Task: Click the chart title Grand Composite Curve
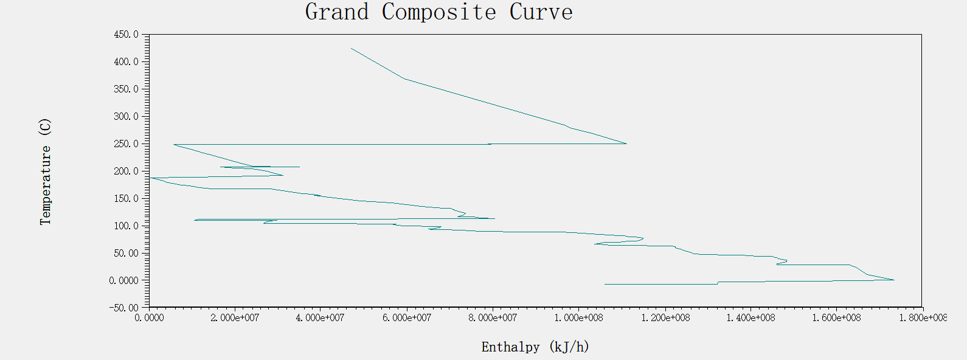click(x=438, y=12)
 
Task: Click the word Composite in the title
click(x=438, y=12)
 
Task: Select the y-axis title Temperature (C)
click(x=45, y=171)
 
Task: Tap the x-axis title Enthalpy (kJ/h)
click(x=535, y=347)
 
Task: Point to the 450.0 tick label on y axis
click(x=126, y=35)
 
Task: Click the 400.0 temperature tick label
click(x=126, y=62)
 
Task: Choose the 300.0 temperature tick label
click(x=126, y=117)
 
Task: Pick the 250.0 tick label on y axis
click(x=126, y=144)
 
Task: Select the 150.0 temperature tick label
click(x=126, y=199)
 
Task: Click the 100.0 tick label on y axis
click(x=126, y=226)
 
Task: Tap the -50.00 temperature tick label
click(x=124, y=308)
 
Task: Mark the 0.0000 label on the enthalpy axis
click(x=149, y=318)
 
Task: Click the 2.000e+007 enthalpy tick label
click(x=235, y=318)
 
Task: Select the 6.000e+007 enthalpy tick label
click(x=407, y=318)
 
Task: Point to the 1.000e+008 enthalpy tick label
click(x=578, y=318)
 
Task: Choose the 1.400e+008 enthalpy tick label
click(x=750, y=318)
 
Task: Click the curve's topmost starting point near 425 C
click(x=352, y=49)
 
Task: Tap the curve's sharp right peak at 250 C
click(x=626, y=144)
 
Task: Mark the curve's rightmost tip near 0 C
click(x=894, y=280)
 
